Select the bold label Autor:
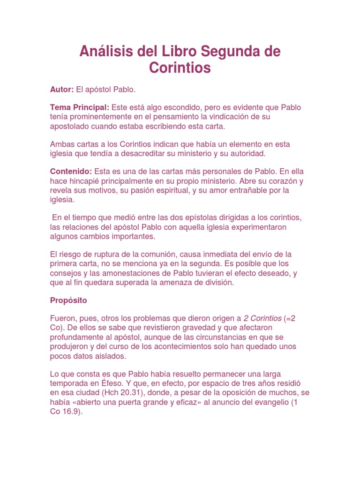click(x=62, y=89)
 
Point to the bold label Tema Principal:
click(x=80, y=107)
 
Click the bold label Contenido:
click(x=71, y=171)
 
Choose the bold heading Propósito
click(x=68, y=300)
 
